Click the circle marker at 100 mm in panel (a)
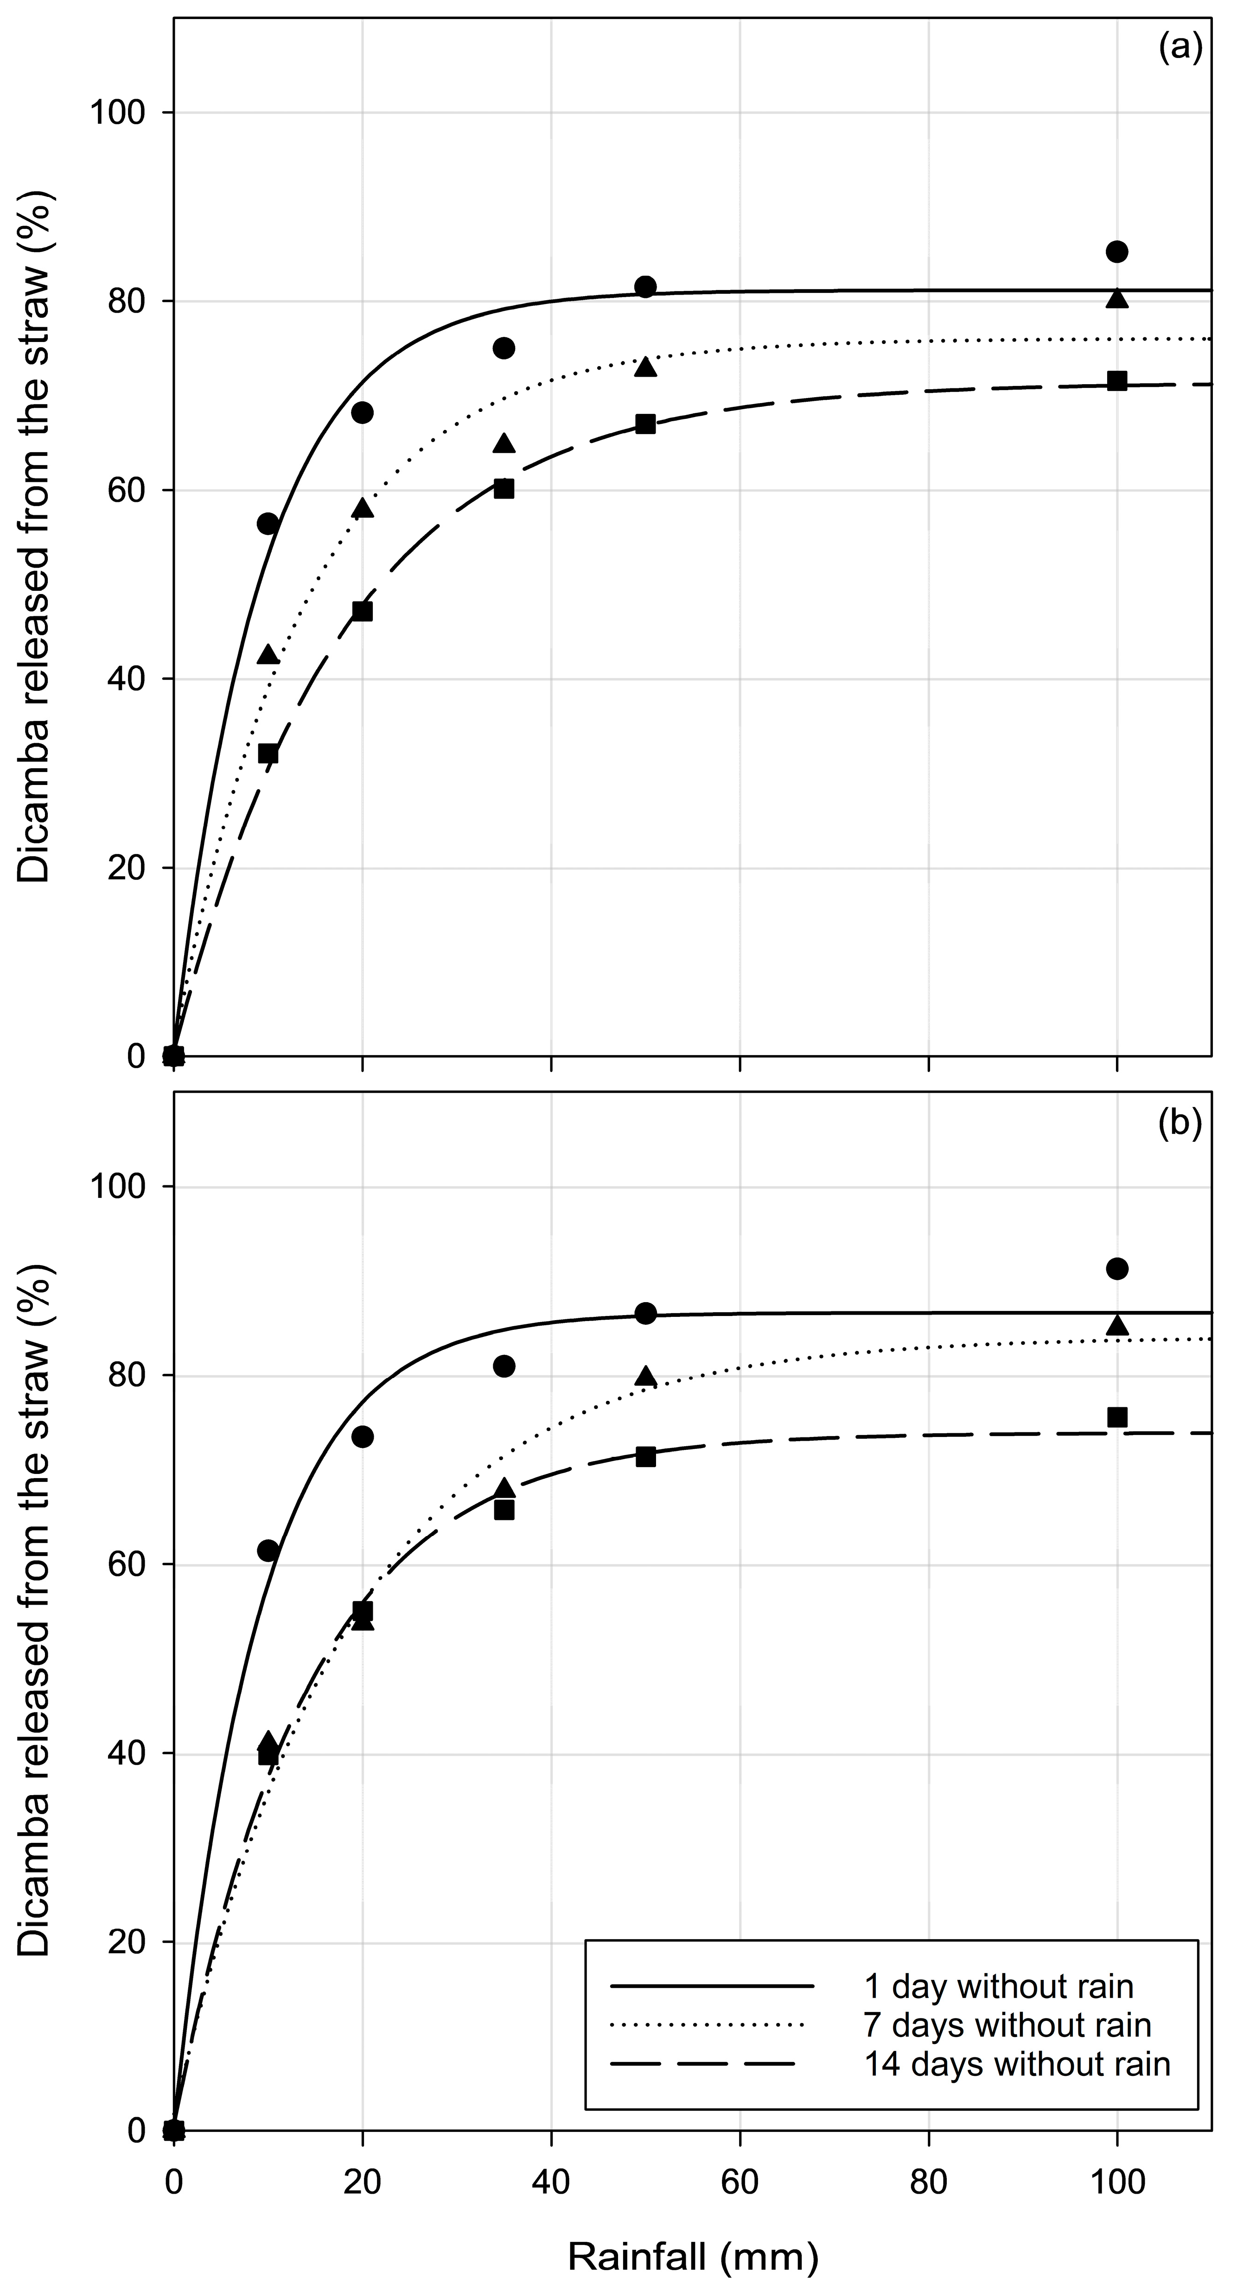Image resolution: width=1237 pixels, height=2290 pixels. pyautogui.click(x=1117, y=252)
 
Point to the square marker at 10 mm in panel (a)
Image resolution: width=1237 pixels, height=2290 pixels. pyautogui.click(x=268, y=754)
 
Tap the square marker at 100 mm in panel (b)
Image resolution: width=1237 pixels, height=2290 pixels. pyautogui.click(x=1117, y=1417)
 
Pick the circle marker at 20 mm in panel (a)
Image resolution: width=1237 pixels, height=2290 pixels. pyautogui.click(x=362, y=412)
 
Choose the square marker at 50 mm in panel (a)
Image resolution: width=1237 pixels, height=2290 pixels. pyautogui.click(x=646, y=424)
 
